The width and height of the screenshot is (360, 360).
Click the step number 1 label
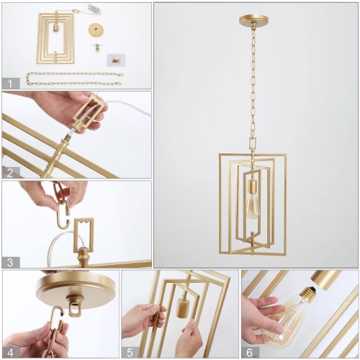click(x=9, y=82)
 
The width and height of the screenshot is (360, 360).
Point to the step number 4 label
click(x=9, y=351)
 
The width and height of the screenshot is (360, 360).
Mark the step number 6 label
click(x=248, y=351)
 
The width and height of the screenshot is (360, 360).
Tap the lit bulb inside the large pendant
click(x=253, y=202)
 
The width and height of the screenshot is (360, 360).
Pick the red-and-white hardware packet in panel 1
click(x=114, y=60)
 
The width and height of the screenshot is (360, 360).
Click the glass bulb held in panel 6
click(x=276, y=323)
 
